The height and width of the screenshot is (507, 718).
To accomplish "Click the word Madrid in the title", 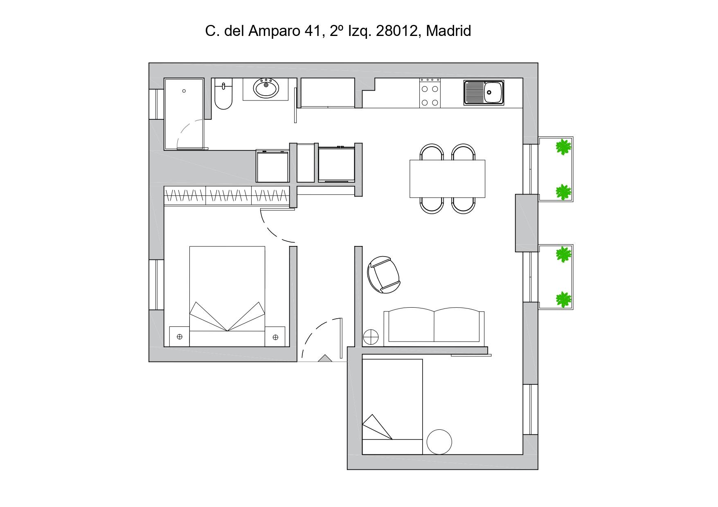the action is click(x=448, y=31).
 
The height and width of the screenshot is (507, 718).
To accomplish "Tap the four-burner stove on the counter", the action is click(x=430, y=93).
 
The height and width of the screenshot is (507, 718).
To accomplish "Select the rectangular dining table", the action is click(x=447, y=179).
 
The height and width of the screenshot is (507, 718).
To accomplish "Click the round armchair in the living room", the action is click(x=384, y=275).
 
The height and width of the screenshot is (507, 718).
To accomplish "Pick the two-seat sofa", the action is click(x=434, y=327).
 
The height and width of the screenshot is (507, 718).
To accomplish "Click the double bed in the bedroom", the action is click(x=227, y=296).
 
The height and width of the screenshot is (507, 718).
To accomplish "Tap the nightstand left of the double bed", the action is click(x=179, y=337).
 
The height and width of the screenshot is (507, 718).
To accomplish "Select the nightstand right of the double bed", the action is click(x=275, y=337).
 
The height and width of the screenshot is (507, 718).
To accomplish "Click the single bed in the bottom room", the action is click(x=392, y=406).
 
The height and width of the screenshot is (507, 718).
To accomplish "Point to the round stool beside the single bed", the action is click(x=439, y=442).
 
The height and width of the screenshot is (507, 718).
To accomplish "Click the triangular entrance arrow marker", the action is click(x=325, y=358).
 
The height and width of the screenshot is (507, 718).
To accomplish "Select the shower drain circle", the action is click(x=184, y=91).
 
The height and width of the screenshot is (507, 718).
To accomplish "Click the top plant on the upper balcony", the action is click(x=564, y=147).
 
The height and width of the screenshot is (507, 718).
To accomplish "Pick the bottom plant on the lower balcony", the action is click(x=564, y=299).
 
